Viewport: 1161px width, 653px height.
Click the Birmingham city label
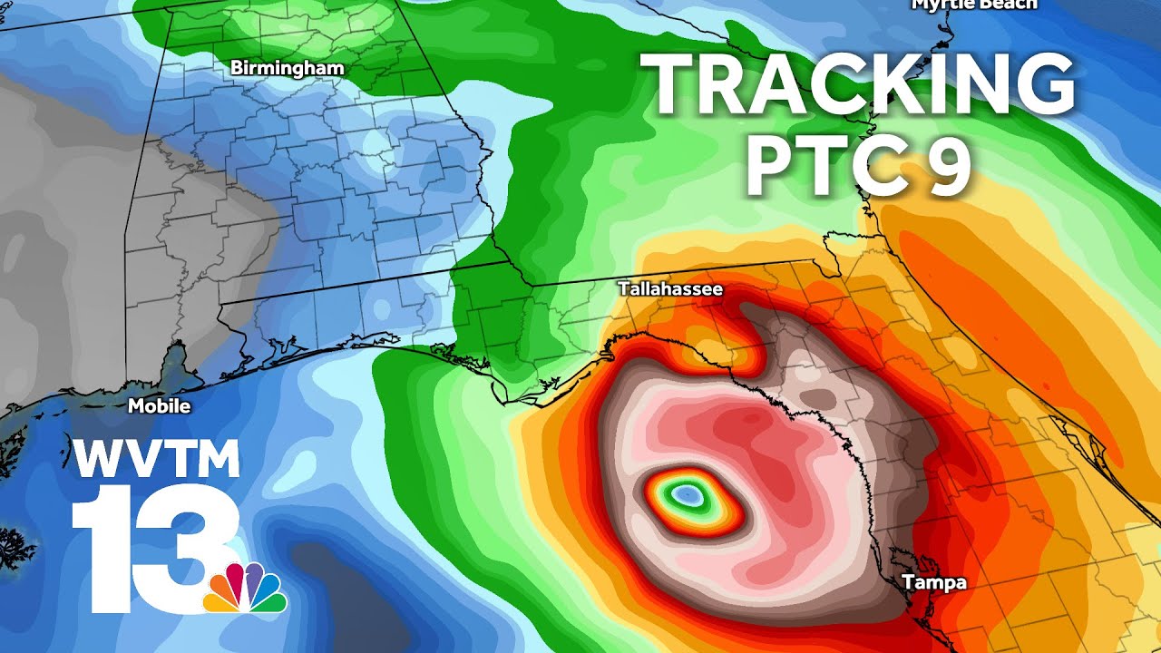tap(287, 68)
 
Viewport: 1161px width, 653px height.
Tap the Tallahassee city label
tap(670, 289)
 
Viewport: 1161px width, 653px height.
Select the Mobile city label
tap(159, 406)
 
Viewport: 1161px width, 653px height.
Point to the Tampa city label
tap(934, 583)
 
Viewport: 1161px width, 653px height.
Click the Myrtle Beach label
tap(973, 5)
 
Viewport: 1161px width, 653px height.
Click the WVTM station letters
tap(156, 460)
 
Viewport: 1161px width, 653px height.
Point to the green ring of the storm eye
tap(671, 498)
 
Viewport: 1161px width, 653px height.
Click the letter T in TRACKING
tap(668, 83)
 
